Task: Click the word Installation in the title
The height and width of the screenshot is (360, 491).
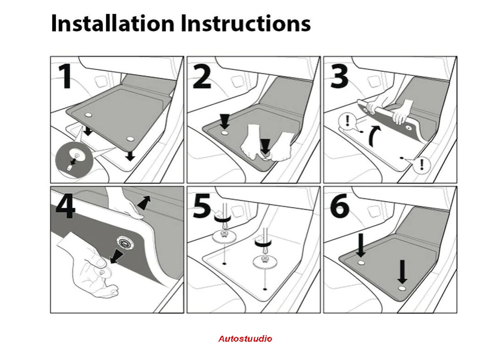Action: click(x=112, y=23)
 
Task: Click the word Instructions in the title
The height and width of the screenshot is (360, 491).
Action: click(x=246, y=23)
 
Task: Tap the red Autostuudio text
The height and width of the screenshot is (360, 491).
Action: click(x=245, y=338)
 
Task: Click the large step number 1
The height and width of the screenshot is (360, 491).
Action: click(x=66, y=76)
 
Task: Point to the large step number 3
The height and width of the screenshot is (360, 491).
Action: click(x=339, y=76)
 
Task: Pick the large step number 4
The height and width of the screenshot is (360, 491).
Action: click(x=66, y=206)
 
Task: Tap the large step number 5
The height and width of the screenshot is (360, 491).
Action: click(x=202, y=206)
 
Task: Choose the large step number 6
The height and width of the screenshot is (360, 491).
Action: click(x=339, y=206)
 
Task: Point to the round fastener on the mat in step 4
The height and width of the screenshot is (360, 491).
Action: click(x=125, y=243)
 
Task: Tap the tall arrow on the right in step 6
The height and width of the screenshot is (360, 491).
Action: click(x=402, y=272)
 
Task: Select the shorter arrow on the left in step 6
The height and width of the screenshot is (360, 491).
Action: click(x=361, y=245)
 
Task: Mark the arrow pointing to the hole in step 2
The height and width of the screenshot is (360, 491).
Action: click(x=224, y=121)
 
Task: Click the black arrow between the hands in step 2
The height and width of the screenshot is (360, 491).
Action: click(x=266, y=146)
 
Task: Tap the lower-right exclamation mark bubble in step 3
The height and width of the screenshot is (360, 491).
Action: click(x=422, y=165)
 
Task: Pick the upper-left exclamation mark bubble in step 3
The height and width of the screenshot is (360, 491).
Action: click(x=347, y=121)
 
